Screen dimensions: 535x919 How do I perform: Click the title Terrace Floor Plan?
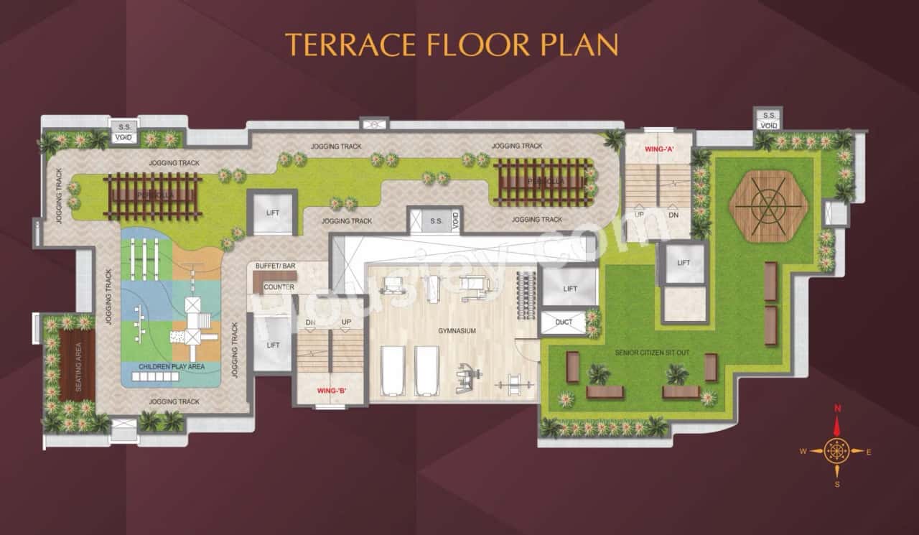click(x=452, y=44)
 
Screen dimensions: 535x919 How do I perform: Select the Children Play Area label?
click(x=172, y=366)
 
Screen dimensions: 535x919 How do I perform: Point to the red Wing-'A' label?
click(x=658, y=150)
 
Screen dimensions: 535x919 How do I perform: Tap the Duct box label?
click(x=564, y=322)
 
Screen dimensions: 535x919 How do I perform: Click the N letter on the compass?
click(x=836, y=409)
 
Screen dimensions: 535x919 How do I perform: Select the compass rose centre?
click(x=836, y=451)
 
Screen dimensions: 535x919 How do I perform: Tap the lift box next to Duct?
click(x=570, y=289)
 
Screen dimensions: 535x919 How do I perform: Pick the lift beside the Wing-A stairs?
click(x=683, y=263)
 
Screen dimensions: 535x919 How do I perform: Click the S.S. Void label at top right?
click(x=769, y=120)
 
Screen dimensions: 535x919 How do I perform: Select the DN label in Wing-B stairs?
click(x=311, y=322)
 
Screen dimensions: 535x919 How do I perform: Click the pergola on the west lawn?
click(x=151, y=195)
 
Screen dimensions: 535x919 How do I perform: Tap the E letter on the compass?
click(x=869, y=452)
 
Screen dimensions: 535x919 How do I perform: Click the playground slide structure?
click(x=192, y=322)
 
